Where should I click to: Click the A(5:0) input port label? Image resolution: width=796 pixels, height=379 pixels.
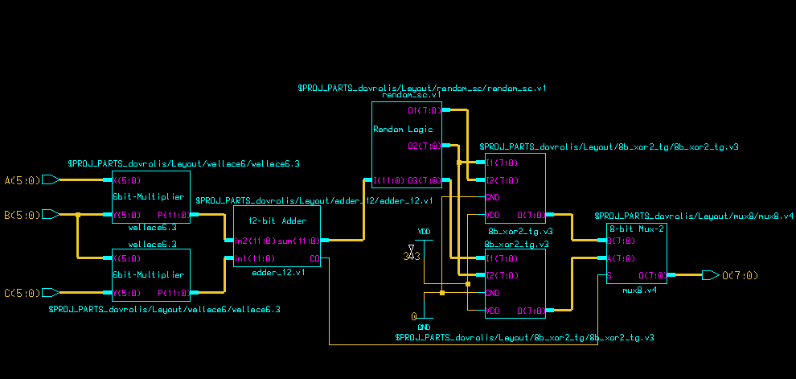point(20,179)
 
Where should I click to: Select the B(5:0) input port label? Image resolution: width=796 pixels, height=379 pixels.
point(20,215)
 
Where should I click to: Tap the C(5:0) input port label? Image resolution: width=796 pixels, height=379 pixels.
point(20,292)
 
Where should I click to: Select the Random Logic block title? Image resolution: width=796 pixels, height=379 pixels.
point(403,129)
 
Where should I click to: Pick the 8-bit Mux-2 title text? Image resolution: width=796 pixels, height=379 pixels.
point(638,229)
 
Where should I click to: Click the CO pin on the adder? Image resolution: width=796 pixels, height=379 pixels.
point(314,258)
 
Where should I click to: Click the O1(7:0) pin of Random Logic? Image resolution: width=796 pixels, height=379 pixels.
point(424,111)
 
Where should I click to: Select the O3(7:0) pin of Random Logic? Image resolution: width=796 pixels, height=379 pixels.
point(424,180)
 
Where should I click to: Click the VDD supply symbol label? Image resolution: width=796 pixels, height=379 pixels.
point(424,233)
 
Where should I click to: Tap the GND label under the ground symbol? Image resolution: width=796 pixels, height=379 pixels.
point(424,328)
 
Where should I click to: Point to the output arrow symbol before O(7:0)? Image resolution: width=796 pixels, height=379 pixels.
point(710,275)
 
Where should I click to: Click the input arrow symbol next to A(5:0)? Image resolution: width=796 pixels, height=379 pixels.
point(50,179)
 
